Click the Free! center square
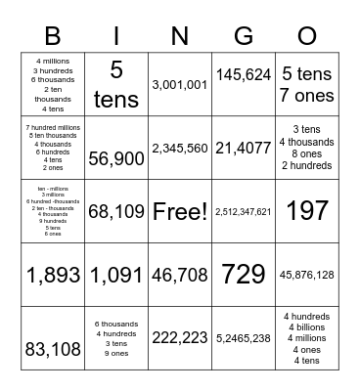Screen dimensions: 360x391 180,211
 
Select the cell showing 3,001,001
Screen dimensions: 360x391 180,85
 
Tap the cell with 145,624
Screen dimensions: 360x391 244,73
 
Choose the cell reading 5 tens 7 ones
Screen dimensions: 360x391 307,85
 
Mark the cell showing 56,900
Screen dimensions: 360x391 116,158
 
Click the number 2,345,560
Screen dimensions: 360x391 180,149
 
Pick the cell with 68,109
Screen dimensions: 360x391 116,210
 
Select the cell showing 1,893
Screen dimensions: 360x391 53,275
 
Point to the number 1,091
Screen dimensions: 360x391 116,275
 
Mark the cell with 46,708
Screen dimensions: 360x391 180,275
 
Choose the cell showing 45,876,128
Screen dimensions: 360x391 307,275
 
